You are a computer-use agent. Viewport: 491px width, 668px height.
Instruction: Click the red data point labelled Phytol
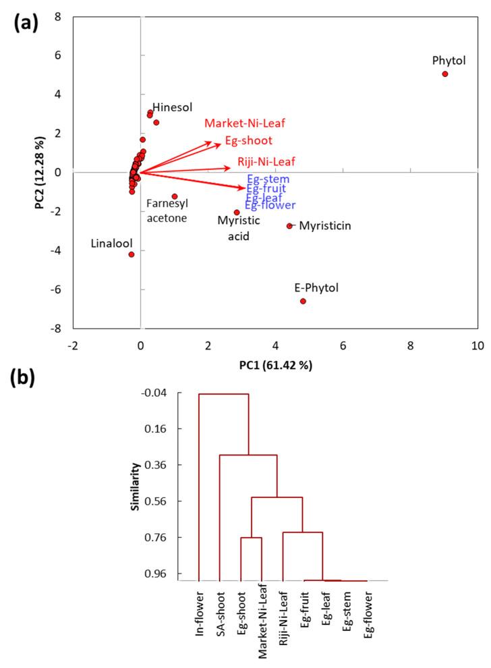coord(445,74)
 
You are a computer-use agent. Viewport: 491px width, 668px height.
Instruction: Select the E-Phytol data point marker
coord(303,301)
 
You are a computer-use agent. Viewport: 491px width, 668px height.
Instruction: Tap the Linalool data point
coord(132,254)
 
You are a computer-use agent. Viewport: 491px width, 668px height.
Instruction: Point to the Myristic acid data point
coord(237,213)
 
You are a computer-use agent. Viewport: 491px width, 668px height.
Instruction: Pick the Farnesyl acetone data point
coord(175,196)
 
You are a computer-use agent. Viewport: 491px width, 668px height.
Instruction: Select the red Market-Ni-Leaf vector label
coord(246,123)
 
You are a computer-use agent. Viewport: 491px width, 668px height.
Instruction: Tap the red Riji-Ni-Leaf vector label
coord(266,162)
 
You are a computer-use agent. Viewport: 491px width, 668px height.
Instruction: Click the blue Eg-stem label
coord(268,179)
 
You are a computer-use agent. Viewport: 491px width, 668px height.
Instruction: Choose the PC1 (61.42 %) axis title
coord(276,365)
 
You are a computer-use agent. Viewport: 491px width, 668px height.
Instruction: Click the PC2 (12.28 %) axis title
coord(40,173)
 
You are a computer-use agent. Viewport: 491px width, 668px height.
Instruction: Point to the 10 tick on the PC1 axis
coord(478,345)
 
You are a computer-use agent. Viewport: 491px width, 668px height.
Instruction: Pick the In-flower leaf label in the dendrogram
coord(200,611)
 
